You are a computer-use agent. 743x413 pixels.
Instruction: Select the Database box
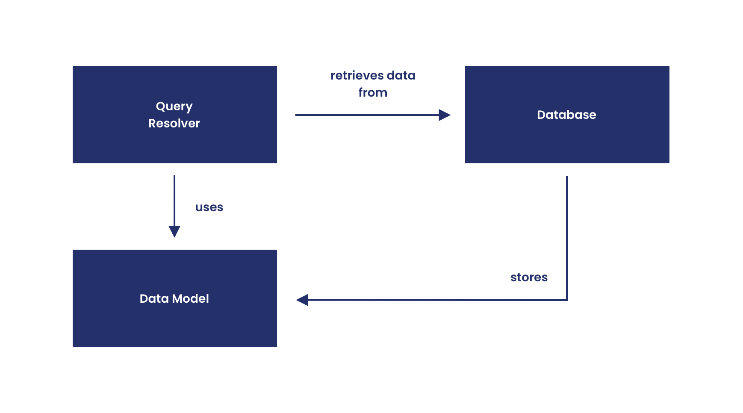pos(567,137)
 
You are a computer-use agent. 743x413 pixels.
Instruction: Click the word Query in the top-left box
pos(174,106)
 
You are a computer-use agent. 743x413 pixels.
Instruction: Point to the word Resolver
pos(174,124)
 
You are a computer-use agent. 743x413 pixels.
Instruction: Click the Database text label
pos(566,115)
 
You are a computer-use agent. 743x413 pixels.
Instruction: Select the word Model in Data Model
pos(191,298)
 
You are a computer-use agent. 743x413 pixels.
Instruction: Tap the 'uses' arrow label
pos(209,207)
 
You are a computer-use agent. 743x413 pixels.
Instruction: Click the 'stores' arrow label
pos(529,277)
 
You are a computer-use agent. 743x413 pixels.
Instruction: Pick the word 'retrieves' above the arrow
pos(357,76)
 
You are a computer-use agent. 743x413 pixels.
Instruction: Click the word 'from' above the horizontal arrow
pos(373,93)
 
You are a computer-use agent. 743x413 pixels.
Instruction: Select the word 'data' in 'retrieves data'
pos(401,76)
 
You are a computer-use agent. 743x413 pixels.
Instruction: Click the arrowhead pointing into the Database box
pos(445,115)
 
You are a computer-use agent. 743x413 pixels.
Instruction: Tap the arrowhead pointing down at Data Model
pos(174,231)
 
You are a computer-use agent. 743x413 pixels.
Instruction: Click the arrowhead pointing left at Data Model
pos(302,300)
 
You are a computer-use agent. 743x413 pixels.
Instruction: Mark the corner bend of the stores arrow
pos(567,300)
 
